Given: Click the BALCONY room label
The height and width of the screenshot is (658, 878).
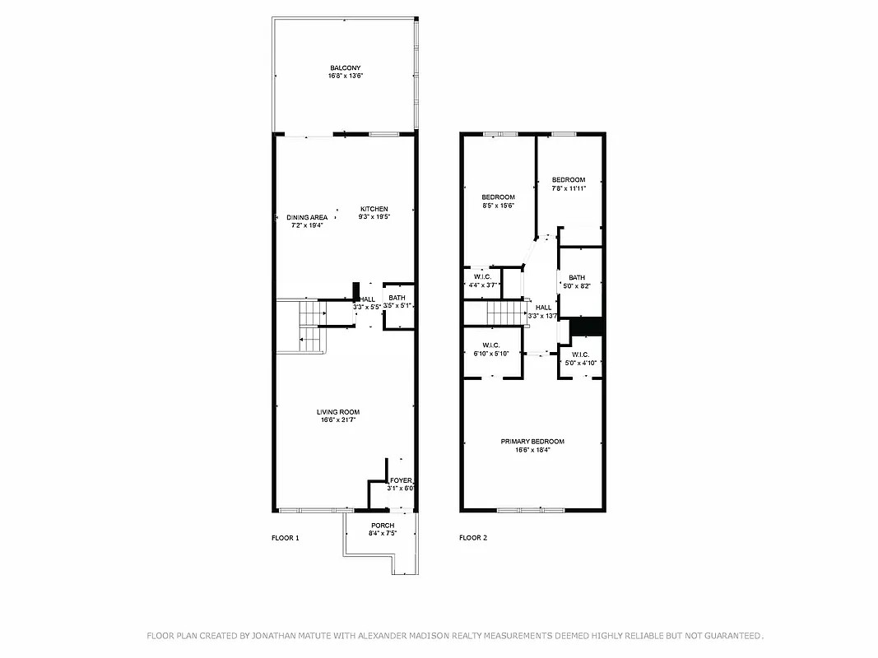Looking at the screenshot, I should (x=346, y=68).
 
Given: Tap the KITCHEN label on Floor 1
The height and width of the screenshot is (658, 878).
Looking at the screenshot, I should (x=374, y=209).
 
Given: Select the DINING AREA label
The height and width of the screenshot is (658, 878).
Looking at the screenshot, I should (x=307, y=218).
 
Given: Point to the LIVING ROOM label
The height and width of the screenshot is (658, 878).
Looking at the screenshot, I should (x=338, y=412).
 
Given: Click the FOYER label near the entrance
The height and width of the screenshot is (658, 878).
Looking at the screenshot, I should (x=401, y=480).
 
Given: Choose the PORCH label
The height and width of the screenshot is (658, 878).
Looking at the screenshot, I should (x=383, y=526).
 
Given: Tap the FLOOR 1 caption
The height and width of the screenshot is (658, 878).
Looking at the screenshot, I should (x=286, y=538).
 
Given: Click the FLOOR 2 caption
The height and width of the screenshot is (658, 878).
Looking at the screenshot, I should (x=473, y=538).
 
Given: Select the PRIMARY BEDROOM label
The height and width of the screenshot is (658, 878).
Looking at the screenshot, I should (x=532, y=442).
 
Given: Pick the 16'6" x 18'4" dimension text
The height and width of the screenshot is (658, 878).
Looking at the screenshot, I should (x=532, y=450).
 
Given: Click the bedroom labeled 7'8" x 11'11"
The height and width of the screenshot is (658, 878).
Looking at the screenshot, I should (x=569, y=184).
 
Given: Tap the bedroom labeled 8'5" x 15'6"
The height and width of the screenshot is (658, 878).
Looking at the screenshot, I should (x=498, y=202).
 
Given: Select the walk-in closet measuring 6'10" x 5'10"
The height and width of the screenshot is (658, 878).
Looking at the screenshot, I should (x=492, y=350).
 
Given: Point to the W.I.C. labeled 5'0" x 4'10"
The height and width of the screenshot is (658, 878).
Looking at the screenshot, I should (x=580, y=359).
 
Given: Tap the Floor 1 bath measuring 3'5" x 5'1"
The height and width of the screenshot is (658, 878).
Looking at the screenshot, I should (x=397, y=302).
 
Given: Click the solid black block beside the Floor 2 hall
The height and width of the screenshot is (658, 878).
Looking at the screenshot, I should (x=588, y=326).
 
